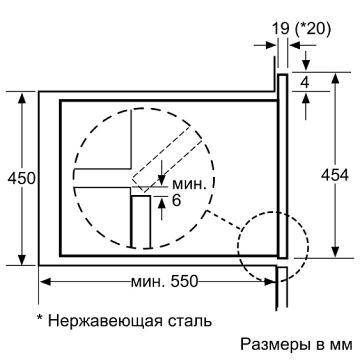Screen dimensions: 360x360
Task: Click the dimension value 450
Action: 21,178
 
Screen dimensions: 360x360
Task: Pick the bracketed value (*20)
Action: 312,28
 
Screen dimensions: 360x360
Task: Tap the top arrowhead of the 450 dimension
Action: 21,96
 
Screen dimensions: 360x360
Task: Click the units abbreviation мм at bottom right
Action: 342,345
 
